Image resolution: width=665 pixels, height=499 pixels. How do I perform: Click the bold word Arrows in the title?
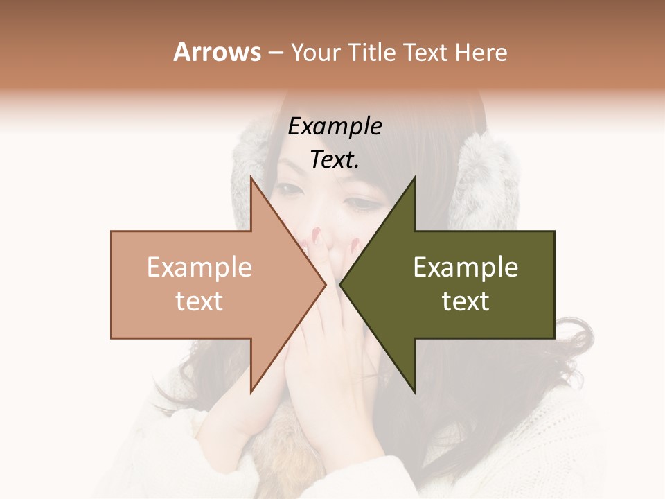click(217, 53)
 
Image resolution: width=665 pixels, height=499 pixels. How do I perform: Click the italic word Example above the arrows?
click(335, 127)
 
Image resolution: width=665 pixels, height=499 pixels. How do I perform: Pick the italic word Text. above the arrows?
click(335, 160)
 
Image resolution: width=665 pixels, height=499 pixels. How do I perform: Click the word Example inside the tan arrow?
click(199, 268)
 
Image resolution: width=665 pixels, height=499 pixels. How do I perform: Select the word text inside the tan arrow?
click(199, 301)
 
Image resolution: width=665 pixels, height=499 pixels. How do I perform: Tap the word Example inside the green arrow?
click(465, 268)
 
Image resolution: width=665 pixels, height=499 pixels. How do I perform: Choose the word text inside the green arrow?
click(465, 301)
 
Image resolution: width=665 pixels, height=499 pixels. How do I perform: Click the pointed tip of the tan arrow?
click(326, 284)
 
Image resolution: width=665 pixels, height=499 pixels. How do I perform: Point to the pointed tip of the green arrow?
click(340, 284)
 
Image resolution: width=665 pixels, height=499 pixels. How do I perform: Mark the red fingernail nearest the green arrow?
click(355, 244)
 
